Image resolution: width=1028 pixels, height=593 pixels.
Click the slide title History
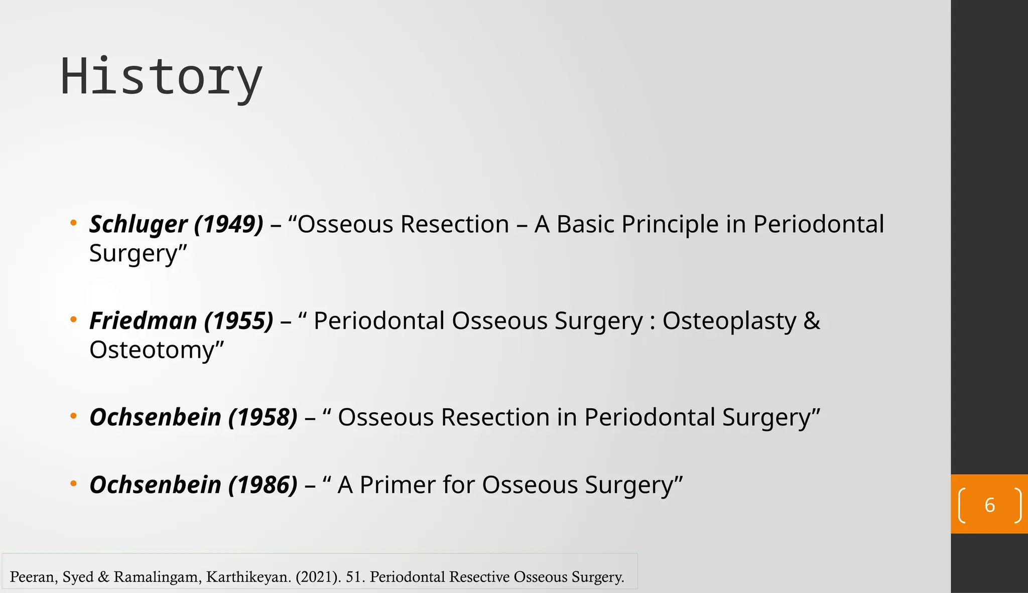click(x=161, y=77)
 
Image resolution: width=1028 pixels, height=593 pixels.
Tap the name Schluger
click(x=138, y=224)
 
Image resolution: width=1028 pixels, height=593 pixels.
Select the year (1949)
click(x=228, y=224)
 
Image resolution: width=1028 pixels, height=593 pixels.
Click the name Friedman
click(x=143, y=321)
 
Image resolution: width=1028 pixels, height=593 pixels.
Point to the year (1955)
click(x=239, y=321)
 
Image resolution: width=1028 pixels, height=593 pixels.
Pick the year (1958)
click(x=263, y=417)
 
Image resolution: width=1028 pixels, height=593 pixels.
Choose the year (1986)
click(x=263, y=485)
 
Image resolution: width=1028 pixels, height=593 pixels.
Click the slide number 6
click(x=989, y=505)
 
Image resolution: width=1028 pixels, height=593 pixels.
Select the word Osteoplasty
click(x=729, y=321)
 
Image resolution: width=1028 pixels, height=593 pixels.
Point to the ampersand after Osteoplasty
click(x=812, y=321)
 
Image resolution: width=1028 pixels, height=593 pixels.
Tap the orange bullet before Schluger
click(x=73, y=222)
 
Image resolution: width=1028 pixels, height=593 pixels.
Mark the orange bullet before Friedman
click(x=73, y=319)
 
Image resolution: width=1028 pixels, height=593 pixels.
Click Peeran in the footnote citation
click(x=33, y=577)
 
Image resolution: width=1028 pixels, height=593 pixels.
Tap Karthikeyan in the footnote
click(x=248, y=577)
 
